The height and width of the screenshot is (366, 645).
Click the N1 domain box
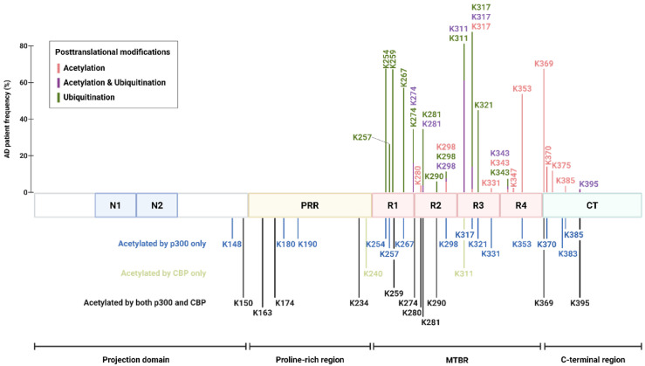[115, 205]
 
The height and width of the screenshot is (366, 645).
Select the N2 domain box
[156, 205]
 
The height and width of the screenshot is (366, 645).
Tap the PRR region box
[310, 205]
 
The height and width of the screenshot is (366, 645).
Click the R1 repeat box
[393, 205]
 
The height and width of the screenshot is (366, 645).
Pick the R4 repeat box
[521, 205]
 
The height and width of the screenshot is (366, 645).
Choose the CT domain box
[592, 205]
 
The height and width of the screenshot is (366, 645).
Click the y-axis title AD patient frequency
[7, 118]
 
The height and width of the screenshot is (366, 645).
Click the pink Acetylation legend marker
[58, 67]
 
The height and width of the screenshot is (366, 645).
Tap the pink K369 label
[543, 64]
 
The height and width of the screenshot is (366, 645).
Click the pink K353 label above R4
[522, 88]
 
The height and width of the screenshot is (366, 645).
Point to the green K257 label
[363, 137]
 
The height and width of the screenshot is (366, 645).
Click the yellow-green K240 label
[373, 273]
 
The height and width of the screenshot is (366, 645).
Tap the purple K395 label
[589, 184]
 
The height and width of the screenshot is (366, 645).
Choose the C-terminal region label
[592, 359]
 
